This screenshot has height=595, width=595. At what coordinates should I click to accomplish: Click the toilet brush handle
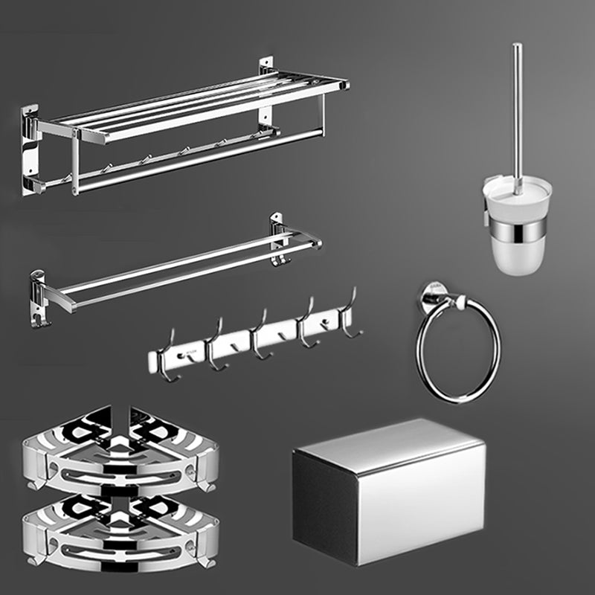pos(516,104)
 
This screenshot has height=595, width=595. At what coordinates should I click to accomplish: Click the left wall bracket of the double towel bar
pos(39,297)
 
